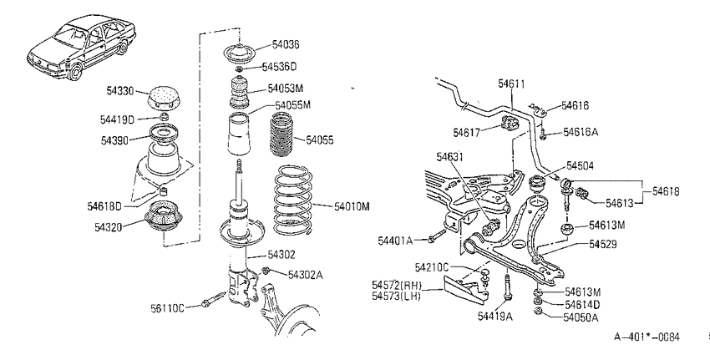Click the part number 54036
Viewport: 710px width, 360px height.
point(286,44)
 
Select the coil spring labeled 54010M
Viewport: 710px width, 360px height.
point(294,200)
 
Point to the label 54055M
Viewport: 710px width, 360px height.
point(293,105)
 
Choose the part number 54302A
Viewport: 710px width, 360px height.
point(306,275)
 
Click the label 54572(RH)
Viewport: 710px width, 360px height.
point(397,286)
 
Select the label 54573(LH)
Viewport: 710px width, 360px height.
point(396,297)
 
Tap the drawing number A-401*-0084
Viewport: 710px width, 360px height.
point(647,337)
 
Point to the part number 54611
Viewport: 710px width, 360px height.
point(511,84)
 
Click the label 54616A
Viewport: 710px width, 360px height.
point(581,132)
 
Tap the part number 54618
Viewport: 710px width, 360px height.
point(666,191)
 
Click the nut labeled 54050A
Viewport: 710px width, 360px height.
point(538,311)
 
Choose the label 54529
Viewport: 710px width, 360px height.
point(603,244)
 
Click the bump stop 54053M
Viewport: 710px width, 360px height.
point(240,93)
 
